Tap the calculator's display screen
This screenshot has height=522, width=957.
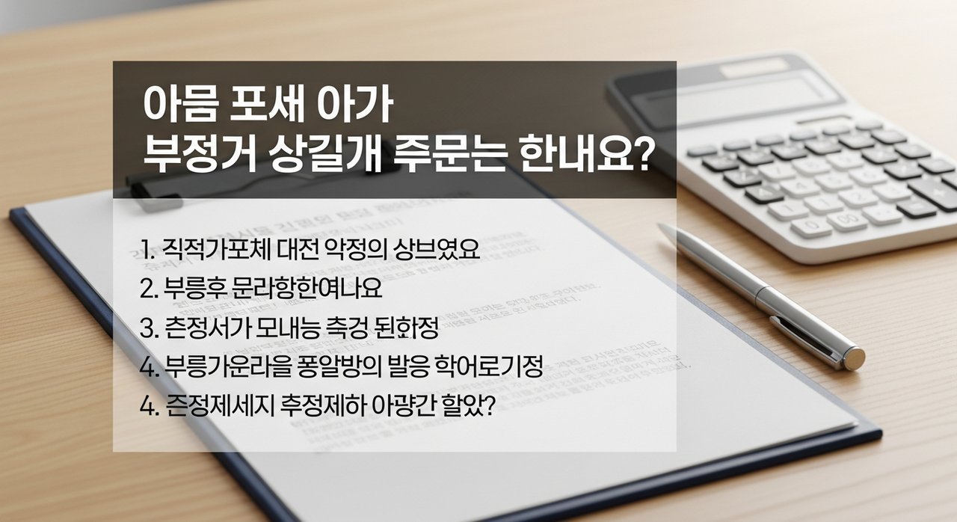coord(763,93)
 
